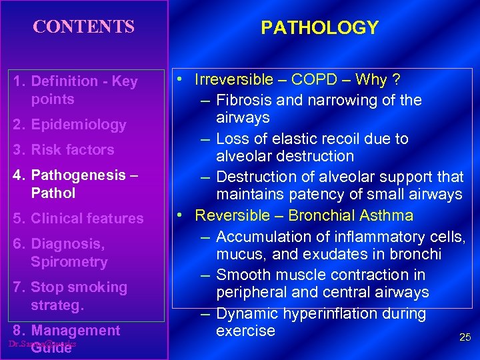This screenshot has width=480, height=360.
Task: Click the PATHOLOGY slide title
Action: point(319,28)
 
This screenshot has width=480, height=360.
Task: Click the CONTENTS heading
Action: point(84,27)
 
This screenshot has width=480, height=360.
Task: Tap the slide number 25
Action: point(465,338)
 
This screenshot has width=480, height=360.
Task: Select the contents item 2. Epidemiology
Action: point(70,125)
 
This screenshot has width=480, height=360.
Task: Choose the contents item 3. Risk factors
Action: point(64,150)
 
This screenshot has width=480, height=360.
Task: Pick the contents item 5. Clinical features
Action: point(79,219)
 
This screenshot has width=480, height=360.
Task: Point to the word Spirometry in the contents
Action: point(69,262)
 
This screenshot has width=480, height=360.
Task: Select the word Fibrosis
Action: point(243,100)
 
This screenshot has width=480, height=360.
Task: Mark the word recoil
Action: point(351,139)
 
